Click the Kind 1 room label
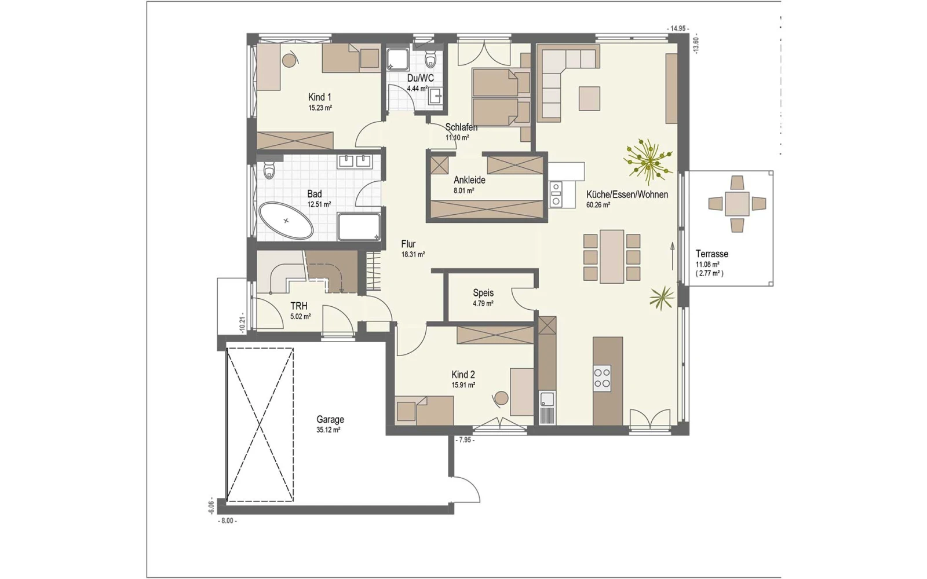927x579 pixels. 319,98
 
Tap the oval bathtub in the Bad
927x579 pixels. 286,221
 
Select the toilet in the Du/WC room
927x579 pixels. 431,60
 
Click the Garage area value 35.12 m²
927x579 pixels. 328,430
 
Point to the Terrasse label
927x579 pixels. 712,254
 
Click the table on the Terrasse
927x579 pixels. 737,204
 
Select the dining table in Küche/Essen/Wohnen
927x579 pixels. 612,256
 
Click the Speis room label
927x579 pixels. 483,293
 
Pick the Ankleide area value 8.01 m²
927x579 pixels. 464,190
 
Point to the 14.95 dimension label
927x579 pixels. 677,28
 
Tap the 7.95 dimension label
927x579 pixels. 465,441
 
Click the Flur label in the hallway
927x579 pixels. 408,244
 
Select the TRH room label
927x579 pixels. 299,306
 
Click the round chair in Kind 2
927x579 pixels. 501,399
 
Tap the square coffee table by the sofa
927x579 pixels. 589,98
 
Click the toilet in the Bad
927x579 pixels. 269,170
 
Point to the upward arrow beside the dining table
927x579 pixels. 673,256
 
